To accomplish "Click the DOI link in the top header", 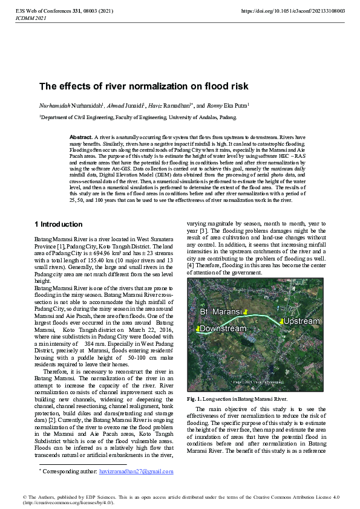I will coord(293,11).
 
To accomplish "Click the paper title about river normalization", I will coord(144,86).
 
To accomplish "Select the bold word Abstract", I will coord(81,138).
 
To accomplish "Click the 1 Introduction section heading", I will coord(58,224).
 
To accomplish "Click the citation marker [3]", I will coord(205,231).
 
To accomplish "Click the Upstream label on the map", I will coord(301,321).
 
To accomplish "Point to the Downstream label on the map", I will coord(223,329).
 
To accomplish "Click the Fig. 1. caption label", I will coord(194,398).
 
